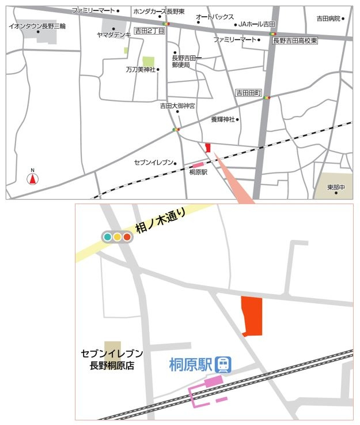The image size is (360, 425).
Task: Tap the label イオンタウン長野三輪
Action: tap(37, 26)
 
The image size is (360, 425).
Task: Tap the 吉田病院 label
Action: tap(329, 18)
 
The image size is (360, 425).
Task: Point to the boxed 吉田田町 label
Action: tap(249, 93)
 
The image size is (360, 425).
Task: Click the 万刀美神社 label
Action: tap(140, 69)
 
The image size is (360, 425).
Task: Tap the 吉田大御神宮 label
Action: tap(178, 106)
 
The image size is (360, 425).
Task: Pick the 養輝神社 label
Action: tap(222, 119)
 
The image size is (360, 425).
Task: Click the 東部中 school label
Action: tap(336, 187)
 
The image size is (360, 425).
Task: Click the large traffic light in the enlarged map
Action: tap(117, 236)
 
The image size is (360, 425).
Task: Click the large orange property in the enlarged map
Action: tap(252, 316)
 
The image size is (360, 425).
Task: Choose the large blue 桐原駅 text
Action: tap(191, 364)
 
